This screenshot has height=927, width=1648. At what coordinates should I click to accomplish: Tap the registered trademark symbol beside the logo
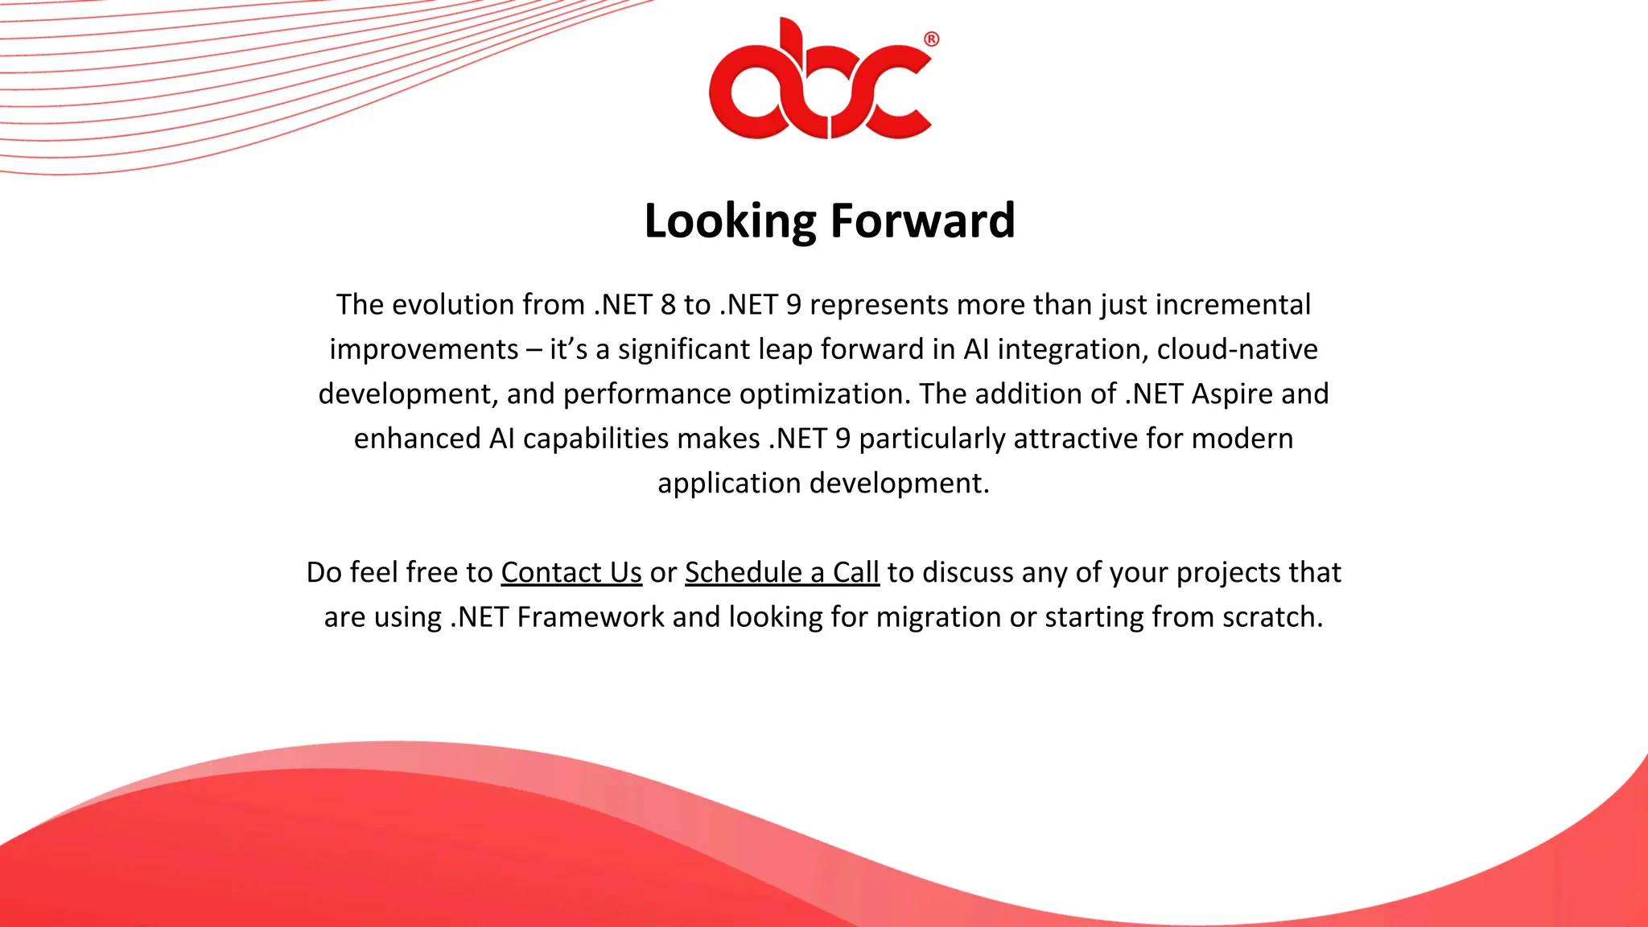pyautogui.click(x=931, y=39)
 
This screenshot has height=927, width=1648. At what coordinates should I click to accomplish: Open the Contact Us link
pyautogui.click(x=571, y=572)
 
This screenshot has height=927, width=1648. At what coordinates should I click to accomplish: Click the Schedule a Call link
pyautogui.click(x=781, y=572)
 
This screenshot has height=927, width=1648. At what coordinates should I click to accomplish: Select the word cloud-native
pyautogui.click(x=1237, y=349)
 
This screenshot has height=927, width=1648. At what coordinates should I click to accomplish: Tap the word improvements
pyautogui.click(x=424, y=349)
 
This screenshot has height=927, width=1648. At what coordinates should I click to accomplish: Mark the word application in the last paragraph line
pyautogui.click(x=729, y=483)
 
